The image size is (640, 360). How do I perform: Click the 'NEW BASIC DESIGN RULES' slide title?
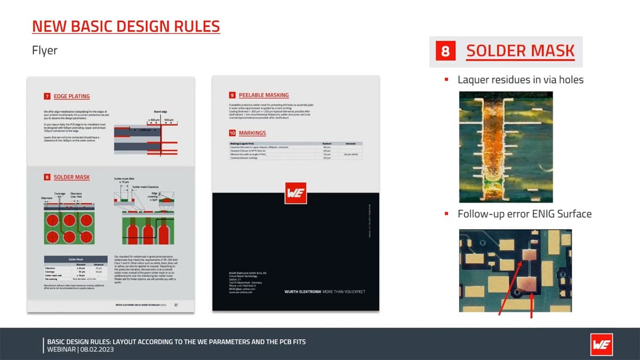tap(126, 26)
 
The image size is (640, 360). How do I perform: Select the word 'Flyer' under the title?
tap(45, 51)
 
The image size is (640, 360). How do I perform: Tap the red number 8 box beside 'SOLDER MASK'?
tap(445, 51)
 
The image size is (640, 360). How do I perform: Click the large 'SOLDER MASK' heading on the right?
tap(520, 51)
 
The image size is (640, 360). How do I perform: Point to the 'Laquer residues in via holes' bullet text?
tap(521, 80)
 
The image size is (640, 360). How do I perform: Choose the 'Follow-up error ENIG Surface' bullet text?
tap(524, 214)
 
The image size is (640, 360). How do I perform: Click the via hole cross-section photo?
tap(506, 147)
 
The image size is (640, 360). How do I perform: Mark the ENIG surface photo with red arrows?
tap(515, 271)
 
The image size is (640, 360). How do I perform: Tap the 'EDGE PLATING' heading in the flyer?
tap(71, 97)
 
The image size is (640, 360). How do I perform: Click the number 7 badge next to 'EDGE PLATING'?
tap(47, 97)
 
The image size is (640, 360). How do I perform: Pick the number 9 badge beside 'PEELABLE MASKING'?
tap(232, 95)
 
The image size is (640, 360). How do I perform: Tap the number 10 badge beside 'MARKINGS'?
tap(232, 133)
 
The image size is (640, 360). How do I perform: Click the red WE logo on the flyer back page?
tap(295, 193)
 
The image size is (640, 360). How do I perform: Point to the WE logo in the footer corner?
tap(601, 345)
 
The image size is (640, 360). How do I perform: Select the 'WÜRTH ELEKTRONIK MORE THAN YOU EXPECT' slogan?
tap(325, 292)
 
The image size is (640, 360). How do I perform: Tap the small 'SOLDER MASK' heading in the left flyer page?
tap(71, 177)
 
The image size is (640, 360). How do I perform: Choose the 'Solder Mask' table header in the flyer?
tap(75, 259)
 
